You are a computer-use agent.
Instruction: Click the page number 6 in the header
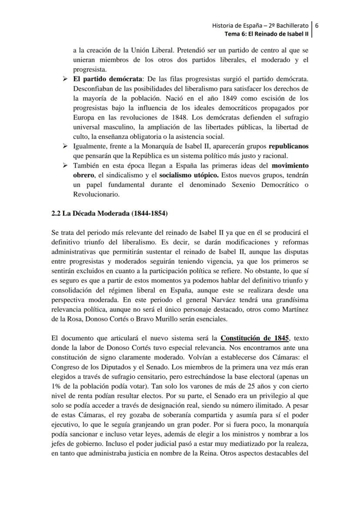[x=317, y=25]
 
